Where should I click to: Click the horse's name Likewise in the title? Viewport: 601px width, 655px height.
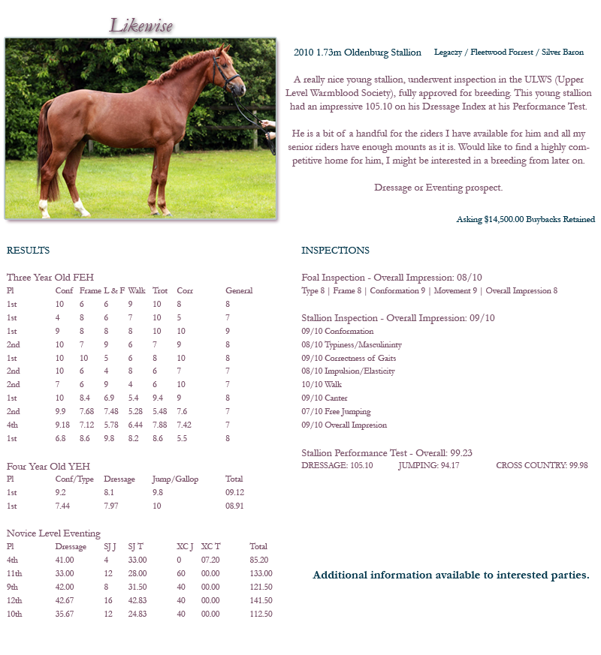141,26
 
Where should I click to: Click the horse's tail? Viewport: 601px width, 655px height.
47,150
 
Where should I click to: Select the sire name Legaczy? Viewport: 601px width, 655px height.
449,53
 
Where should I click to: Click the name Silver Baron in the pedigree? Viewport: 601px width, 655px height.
562,53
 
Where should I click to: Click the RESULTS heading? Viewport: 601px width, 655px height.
28,251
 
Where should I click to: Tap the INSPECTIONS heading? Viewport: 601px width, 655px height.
335,251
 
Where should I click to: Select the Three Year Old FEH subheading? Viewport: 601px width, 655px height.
50,278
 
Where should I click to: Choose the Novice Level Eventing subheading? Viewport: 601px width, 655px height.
53,533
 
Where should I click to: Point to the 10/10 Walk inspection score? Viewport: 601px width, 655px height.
322,384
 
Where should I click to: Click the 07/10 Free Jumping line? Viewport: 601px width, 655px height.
336,411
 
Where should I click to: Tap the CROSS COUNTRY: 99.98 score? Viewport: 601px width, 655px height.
542,465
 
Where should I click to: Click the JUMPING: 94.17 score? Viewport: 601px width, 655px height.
428,465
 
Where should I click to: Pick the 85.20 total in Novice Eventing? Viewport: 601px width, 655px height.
259,560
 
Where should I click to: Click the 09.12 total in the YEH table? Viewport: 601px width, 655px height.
234,492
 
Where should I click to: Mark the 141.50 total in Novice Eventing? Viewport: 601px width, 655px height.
261,600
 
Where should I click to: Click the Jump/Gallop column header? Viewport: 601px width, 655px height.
175,479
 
